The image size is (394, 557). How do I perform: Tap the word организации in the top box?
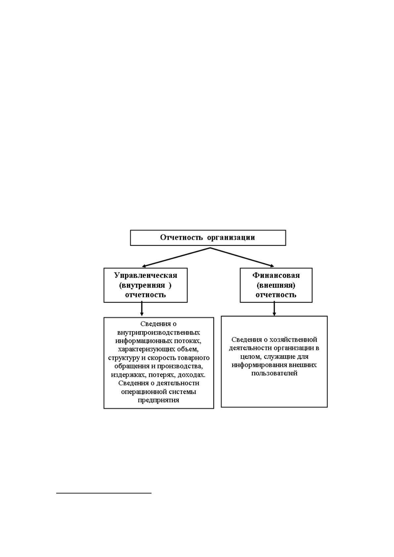231,238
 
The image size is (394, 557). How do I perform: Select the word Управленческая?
146,276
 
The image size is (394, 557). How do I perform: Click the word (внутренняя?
142,285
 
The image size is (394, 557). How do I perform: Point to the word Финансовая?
276,275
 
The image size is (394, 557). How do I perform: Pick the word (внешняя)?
276,285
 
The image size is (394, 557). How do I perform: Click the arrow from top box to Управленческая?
176,257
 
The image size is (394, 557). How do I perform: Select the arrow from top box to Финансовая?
242,257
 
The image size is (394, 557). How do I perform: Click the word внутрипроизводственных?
158,333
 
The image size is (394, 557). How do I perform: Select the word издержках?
128,375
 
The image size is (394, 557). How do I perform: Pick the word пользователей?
274,373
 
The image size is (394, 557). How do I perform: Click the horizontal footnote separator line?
104,493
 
